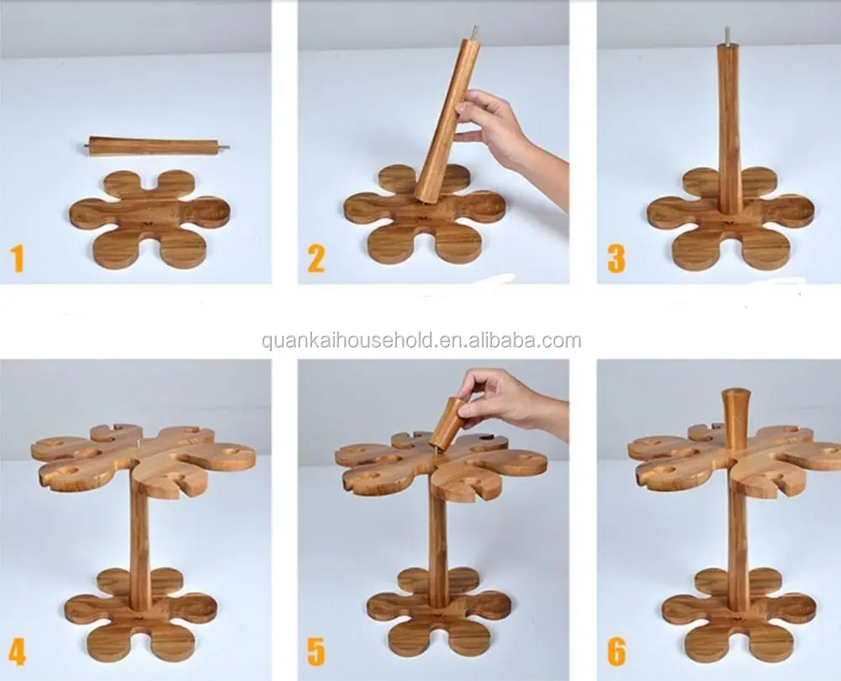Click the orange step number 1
pos(17,258)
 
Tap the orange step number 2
pos(315,258)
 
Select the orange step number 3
pos(616,258)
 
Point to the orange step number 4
pos(17,651)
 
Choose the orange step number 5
pos(315,651)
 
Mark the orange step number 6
pos(616,651)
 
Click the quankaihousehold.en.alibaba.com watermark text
pos(420,341)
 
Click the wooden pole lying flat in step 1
pos(156,146)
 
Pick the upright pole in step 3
pos(728,126)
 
